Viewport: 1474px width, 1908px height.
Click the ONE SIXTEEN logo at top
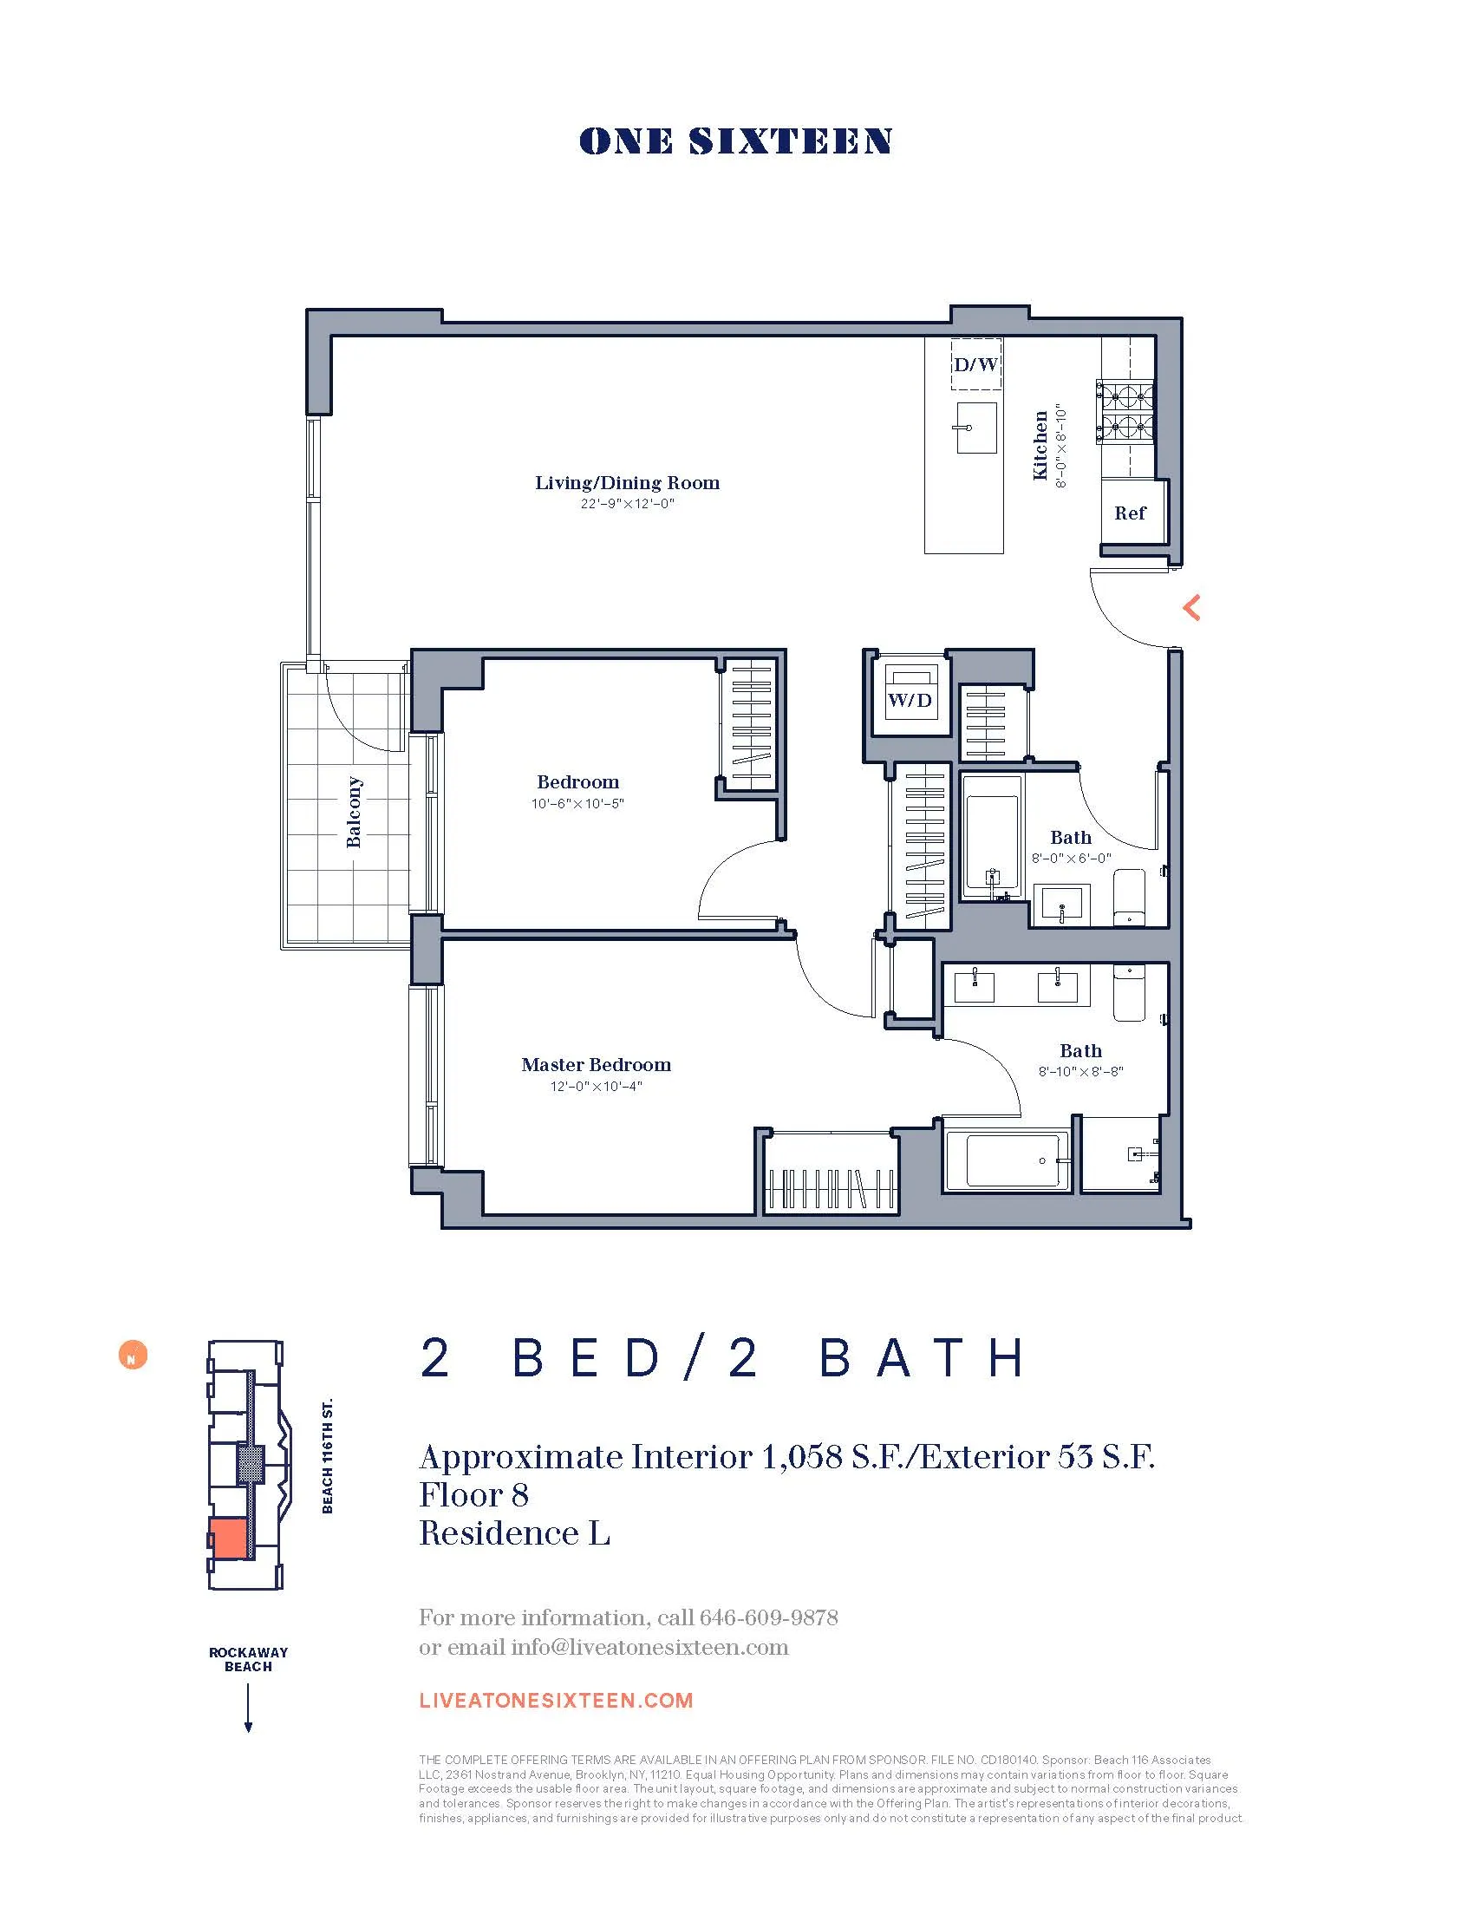coord(735,141)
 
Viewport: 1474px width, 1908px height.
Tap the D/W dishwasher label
coord(975,364)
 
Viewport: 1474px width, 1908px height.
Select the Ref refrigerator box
coord(1130,513)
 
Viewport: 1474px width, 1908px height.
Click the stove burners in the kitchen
coord(1125,411)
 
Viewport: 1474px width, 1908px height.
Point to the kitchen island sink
coord(975,428)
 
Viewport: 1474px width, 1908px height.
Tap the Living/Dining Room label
coord(627,483)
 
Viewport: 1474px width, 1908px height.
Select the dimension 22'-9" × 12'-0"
coord(627,505)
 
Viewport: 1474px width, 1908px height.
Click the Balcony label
coord(354,812)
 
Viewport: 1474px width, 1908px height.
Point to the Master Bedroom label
coord(597,1065)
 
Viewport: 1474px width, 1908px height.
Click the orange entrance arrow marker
coord(1192,607)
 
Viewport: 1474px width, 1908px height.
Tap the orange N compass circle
coord(133,1355)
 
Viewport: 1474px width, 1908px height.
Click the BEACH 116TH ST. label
coord(328,1455)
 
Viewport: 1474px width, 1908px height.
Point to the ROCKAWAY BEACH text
coord(248,1659)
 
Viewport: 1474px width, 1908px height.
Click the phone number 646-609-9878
coord(768,1618)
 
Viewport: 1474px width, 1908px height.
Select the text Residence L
coord(514,1533)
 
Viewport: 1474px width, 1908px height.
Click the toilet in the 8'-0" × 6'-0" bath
coord(1129,898)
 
